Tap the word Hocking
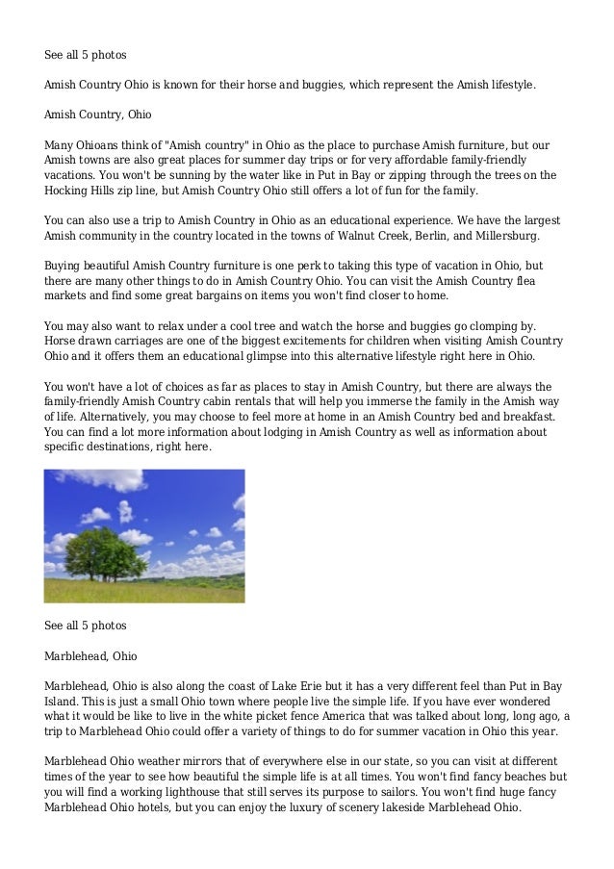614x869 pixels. pyautogui.click(x=66, y=191)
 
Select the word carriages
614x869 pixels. pyautogui.click(x=137, y=342)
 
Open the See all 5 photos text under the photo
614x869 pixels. pyautogui.click(x=86, y=626)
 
